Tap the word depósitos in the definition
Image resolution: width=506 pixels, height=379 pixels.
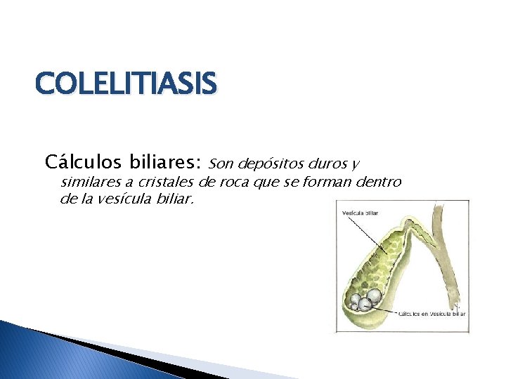271,165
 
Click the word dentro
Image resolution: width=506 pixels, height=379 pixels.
379,182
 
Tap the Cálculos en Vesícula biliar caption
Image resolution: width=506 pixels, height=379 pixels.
432,314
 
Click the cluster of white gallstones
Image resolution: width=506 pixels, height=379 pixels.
367,300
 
